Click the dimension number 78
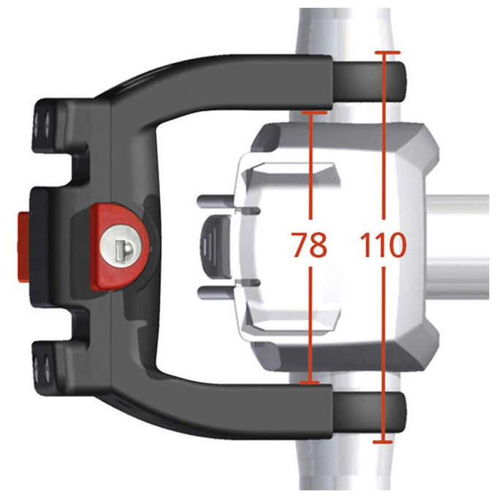point(309,246)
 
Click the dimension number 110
point(382,246)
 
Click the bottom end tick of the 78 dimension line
point(312,382)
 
